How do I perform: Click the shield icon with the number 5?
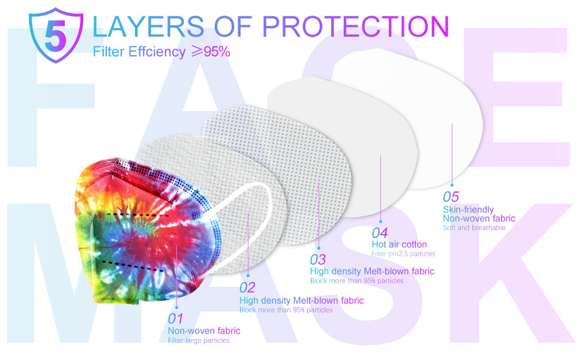56,35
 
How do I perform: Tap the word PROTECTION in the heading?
356,26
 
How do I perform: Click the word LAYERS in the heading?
148,26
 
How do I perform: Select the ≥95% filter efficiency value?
211,52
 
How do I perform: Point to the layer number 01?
175,319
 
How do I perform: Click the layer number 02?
247,287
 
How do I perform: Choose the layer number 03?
318,259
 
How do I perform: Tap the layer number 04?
380,233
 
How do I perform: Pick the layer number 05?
451,197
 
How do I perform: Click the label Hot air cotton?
400,245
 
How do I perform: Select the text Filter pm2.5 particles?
403,254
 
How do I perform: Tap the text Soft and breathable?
475,228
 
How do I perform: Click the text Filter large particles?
199,340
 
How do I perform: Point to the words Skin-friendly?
469,209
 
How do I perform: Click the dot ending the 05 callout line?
452,185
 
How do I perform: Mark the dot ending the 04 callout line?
380,221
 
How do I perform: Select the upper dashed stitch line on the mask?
137,215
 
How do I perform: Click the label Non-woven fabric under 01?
204,331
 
